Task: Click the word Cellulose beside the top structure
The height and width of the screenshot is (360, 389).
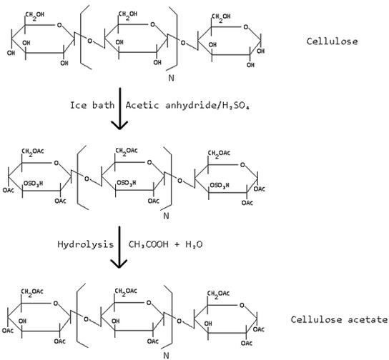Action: (332, 41)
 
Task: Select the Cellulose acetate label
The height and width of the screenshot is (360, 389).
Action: (340, 319)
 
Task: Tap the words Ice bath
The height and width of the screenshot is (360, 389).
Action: (92, 105)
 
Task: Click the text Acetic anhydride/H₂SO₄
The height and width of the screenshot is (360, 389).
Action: (187, 105)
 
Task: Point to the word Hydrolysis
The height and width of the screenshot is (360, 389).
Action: (86, 244)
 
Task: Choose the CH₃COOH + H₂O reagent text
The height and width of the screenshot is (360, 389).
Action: (165, 244)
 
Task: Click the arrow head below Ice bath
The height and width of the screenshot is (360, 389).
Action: (119, 125)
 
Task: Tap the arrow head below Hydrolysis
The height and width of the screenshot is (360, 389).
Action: (119, 264)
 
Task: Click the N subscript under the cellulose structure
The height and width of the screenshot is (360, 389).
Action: (171, 78)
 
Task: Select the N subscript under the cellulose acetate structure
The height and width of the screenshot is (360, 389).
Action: (167, 356)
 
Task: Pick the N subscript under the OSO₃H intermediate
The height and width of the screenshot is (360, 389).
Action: (166, 216)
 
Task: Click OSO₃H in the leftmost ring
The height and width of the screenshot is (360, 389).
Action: (33, 184)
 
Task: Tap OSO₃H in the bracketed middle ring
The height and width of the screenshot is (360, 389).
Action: (127, 183)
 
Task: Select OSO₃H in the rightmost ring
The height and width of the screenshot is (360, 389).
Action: (220, 185)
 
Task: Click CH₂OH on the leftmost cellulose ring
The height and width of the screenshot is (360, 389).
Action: (35, 15)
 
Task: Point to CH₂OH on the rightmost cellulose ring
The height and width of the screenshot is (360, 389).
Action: (221, 17)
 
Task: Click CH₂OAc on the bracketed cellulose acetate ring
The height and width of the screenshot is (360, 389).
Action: (126, 291)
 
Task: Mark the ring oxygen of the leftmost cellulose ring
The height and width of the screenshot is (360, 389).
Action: (59, 25)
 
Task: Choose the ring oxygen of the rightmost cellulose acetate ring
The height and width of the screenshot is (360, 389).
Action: (242, 305)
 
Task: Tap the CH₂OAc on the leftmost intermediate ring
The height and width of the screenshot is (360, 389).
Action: (33, 151)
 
